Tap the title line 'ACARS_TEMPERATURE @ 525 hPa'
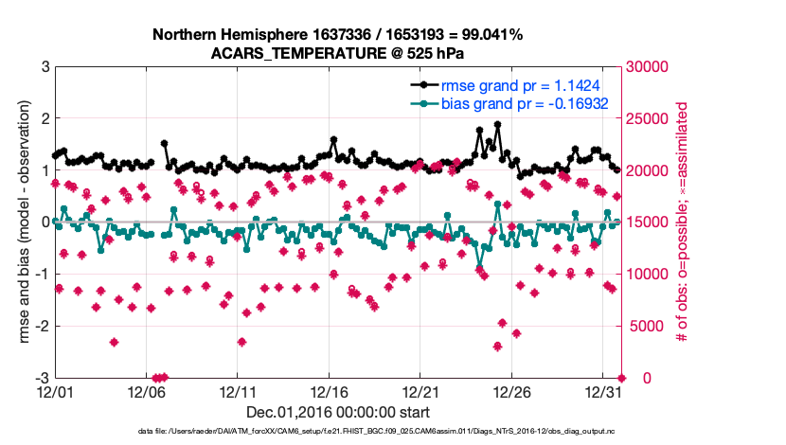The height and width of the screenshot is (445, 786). (x=337, y=53)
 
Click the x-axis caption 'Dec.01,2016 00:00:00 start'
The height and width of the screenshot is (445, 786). (x=337, y=412)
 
